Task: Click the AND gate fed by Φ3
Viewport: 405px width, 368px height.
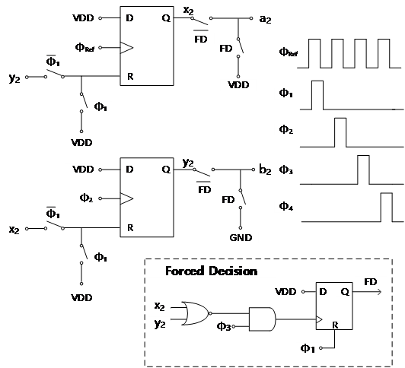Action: pos(262,319)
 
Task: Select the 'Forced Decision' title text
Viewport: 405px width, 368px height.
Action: pos(212,271)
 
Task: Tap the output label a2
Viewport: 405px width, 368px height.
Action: pos(265,19)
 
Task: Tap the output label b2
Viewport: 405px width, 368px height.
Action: pos(265,170)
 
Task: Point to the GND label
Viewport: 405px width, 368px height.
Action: pos(241,237)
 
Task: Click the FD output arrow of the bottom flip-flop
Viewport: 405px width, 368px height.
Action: pos(367,292)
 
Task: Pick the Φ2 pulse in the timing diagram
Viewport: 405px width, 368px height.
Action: pos(340,132)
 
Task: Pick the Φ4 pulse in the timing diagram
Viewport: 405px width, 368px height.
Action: pos(387,208)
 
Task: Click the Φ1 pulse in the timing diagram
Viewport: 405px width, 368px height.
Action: pos(317,95)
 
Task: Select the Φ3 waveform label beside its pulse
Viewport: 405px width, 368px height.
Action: pos(286,170)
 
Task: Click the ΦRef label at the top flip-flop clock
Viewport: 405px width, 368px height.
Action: pos(85,48)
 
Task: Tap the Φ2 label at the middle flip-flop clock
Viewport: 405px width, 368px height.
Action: pos(86,198)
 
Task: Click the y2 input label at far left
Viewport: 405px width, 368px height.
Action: pos(14,78)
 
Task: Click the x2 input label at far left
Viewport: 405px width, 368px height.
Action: pos(14,230)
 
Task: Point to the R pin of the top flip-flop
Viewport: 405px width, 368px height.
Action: pos(130,77)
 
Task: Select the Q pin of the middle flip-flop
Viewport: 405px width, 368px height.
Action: pos(166,170)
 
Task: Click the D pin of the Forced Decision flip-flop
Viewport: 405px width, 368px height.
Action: pos(323,292)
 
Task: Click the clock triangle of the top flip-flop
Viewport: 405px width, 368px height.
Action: pos(126,48)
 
